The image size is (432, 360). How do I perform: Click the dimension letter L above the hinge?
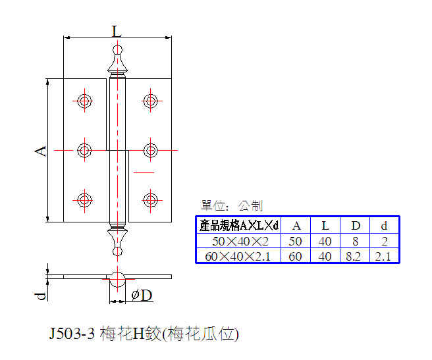117,31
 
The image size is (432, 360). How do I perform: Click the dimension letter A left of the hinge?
41,151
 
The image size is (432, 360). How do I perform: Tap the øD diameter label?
142,296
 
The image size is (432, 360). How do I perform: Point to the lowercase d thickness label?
41,296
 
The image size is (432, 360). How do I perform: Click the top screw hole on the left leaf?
84,101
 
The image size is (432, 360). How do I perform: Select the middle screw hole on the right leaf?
150,151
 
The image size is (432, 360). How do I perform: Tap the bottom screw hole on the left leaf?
84,200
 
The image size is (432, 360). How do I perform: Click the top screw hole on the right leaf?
150,101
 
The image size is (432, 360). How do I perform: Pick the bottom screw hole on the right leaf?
150,200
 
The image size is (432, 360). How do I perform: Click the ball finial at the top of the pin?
118,49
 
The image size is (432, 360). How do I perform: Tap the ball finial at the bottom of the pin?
118,251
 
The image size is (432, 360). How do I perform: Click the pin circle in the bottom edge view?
118,280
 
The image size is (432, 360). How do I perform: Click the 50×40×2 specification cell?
240,242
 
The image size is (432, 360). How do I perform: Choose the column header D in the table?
356,226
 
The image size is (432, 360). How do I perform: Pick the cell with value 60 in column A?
295,257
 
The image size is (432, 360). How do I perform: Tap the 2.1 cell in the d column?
383,257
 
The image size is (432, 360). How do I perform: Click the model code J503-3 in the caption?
72,334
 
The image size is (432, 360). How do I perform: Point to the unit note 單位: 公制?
232,205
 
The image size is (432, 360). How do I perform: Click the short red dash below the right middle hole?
144,172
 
